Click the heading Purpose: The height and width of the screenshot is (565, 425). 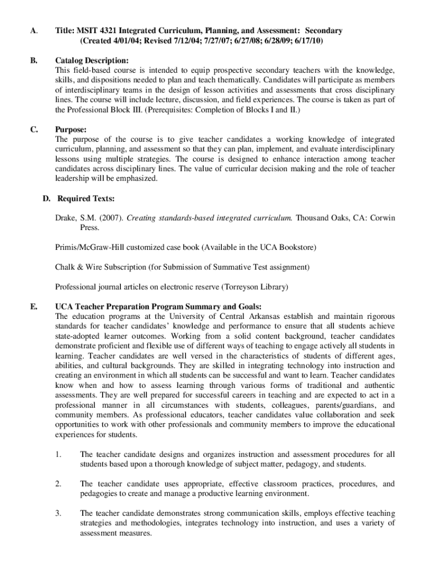click(x=71, y=130)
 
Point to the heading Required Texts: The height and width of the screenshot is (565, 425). click(x=86, y=199)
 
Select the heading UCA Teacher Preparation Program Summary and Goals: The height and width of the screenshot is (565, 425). click(x=158, y=306)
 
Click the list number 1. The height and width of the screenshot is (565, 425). click(x=58, y=455)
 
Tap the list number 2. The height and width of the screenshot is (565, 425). click(x=58, y=484)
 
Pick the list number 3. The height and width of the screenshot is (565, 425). click(x=58, y=514)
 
